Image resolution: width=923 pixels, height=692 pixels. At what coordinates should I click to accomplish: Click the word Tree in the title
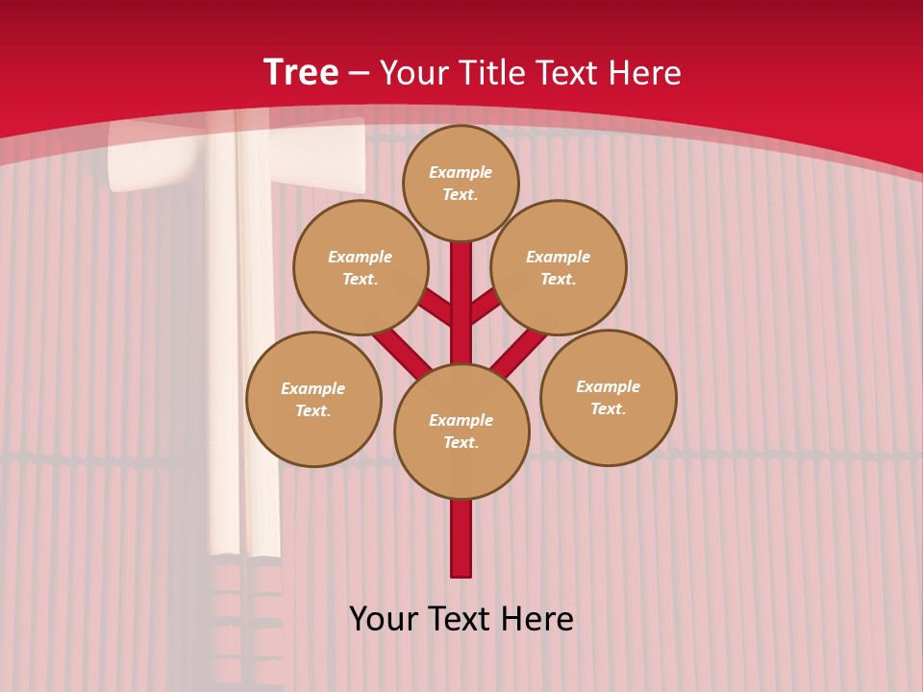pyautogui.click(x=301, y=73)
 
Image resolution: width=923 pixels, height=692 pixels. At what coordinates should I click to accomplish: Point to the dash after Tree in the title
pyautogui.click(x=359, y=74)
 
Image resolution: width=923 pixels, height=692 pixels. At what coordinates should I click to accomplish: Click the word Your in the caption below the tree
pyautogui.click(x=382, y=619)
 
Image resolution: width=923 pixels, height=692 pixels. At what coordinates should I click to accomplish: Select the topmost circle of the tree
pyautogui.click(x=461, y=183)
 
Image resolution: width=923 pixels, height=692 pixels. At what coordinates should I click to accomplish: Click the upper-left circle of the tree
pyautogui.click(x=360, y=267)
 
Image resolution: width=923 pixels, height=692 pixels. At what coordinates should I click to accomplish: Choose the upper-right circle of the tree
pyautogui.click(x=558, y=267)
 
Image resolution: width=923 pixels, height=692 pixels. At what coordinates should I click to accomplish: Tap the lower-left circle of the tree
pyautogui.click(x=313, y=399)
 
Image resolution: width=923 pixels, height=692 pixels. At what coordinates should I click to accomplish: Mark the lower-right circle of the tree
pyautogui.click(x=608, y=397)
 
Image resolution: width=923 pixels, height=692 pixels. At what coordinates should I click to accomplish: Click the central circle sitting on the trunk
pyautogui.click(x=461, y=431)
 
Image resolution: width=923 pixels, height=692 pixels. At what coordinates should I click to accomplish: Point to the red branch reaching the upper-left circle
pyautogui.click(x=438, y=309)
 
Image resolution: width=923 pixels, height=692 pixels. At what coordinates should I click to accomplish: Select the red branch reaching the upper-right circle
pyautogui.click(x=484, y=307)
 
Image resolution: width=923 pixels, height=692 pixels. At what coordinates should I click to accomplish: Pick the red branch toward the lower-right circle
pyautogui.click(x=520, y=350)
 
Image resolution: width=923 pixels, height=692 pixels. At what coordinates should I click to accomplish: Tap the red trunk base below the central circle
pyautogui.click(x=461, y=538)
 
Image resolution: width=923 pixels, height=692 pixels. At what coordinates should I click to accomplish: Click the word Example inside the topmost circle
pyautogui.click(x=461, y=172)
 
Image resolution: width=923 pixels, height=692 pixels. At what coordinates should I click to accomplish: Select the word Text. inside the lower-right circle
pyautogui.click(x=608, y=408)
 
